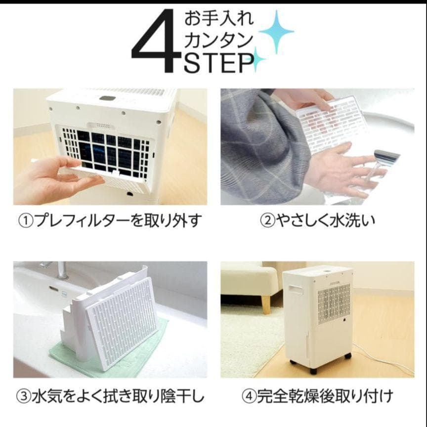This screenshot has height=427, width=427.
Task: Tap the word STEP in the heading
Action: (x=217, y=64)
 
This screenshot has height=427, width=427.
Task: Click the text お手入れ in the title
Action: (x=219, y=20)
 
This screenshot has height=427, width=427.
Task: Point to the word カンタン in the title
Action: (x=219, y=41)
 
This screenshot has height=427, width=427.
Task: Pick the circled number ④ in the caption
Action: (x=248, y=396)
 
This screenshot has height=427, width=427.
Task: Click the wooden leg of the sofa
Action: (x=266, y=304)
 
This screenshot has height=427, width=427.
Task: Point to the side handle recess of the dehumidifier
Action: (x=296, y=289)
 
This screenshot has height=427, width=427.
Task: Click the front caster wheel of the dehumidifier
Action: (x=313, y=369)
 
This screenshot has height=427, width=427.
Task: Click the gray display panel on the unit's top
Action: (x=107, y=98)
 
